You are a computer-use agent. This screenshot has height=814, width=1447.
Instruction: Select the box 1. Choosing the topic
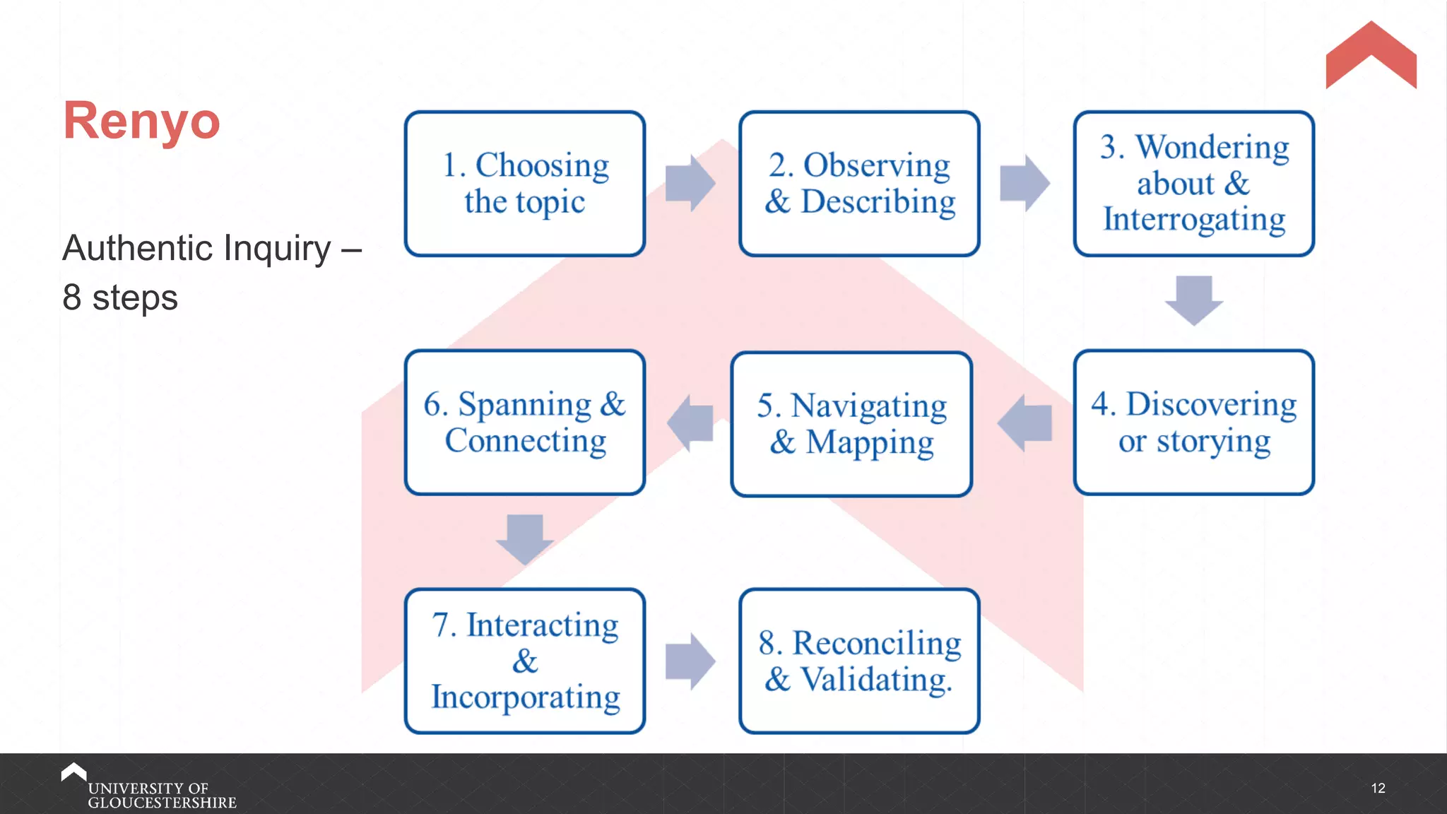525,184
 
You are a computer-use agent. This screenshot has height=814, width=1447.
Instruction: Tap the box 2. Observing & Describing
859,184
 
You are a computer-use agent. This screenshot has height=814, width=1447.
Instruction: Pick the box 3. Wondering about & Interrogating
1193,184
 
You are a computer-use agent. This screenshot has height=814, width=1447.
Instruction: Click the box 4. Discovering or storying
1193,423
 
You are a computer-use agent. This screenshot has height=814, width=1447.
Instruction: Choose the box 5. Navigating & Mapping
851,424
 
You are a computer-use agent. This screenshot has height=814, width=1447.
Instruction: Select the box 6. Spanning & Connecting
525,423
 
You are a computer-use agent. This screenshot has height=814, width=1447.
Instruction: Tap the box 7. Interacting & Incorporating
525,661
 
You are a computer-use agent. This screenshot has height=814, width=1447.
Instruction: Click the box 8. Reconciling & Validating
859,661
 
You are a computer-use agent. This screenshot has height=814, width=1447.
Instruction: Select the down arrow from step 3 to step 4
1194,300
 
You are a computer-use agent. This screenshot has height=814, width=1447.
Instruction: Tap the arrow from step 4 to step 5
1025,423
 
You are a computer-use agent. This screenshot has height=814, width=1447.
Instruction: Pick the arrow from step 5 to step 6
690,423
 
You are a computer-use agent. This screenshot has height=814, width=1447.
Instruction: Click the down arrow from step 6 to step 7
525,539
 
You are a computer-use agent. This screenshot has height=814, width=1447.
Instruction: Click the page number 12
1378,788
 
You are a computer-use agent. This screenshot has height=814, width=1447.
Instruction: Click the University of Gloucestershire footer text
161,795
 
